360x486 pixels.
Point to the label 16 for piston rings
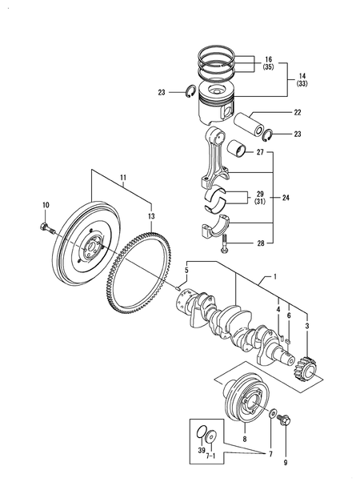pos(267,59)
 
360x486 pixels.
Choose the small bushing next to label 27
pos(237,150)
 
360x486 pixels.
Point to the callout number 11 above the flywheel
pos(123,178)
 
